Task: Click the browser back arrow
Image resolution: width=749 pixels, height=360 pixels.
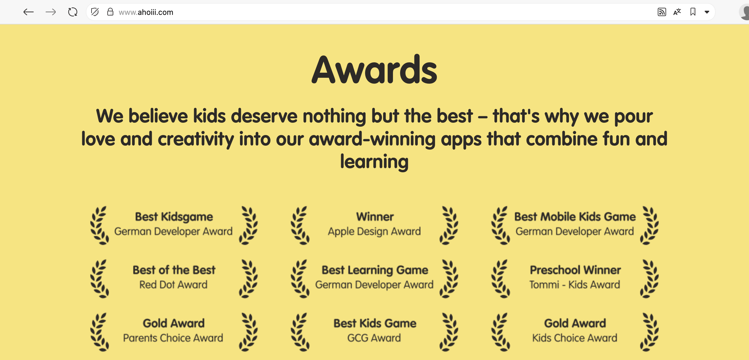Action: click(x=29, y=12)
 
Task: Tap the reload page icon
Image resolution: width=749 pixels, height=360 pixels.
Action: click(x=73, y=12)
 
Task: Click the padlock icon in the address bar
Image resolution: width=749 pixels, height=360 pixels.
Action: click(x=110, y=12)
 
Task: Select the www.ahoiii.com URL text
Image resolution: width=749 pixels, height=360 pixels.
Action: click(x=146, y=12)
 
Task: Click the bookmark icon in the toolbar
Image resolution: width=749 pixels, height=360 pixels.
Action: click(x=693, y=12)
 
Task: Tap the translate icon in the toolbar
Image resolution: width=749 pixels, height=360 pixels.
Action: click(x=677, y=12)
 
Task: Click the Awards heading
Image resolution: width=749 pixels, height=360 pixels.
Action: click(x=374, y=70)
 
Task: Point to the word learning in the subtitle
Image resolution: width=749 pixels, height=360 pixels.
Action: click(x=374, y=162)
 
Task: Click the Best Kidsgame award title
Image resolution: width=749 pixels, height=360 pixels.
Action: click(x=174, y=217)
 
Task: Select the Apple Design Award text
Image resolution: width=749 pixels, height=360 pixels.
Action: click(x=374, y=231)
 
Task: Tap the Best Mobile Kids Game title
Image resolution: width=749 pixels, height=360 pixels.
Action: click(x=575, y=217)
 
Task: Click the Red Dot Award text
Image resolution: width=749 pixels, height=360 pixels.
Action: click(x=174, y=285)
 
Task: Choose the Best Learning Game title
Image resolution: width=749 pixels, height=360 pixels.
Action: click(x=375, y=270)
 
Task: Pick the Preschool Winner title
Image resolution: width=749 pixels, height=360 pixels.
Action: click(x=575, y=270)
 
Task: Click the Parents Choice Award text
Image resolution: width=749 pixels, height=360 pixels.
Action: click(x=173, y=338)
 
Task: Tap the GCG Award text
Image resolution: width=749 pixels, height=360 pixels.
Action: click(x=374, y=338)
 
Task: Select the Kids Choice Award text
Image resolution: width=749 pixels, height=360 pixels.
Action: click(x=575, y=338)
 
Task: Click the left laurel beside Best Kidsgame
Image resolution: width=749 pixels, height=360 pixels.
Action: click(x=100, y=226)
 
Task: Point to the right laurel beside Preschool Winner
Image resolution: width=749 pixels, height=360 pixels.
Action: click(x=650, y=279)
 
